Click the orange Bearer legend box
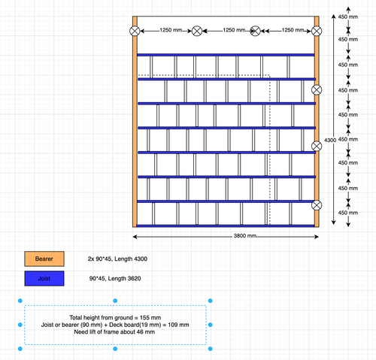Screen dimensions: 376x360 (x=44, y=259)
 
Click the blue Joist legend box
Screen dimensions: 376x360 (x=44, y=278)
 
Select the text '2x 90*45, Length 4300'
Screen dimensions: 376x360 (x=117, y=259)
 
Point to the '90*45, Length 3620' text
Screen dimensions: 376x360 (x=115, y=278)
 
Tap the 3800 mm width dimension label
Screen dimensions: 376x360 (x=245, y=236)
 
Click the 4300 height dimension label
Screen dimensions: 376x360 (x=330, y=140)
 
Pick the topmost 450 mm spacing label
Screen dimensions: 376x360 (x=348, y=17)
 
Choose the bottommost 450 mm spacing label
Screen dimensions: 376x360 (x=348, y=213)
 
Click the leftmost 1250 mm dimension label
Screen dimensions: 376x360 (x=171, y=30)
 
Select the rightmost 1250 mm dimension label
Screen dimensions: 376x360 (x=293, y=30)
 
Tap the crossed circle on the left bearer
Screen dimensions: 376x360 (x=135, y=31)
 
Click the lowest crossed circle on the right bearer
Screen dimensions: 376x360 (x=317, y=205)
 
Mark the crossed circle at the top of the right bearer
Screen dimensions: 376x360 (x=317, y=31)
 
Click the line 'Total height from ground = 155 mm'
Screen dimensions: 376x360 (x=115, y=318)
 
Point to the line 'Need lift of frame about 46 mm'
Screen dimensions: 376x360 (x=114, y=332)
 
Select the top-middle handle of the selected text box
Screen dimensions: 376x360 (x=115, y=301)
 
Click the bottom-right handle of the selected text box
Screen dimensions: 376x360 (x=211, y=349)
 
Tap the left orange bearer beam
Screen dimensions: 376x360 (x=135, y=122)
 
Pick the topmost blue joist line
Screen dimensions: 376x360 (x=226, y=55)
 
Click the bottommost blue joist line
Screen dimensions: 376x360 (x=226, y=225)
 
